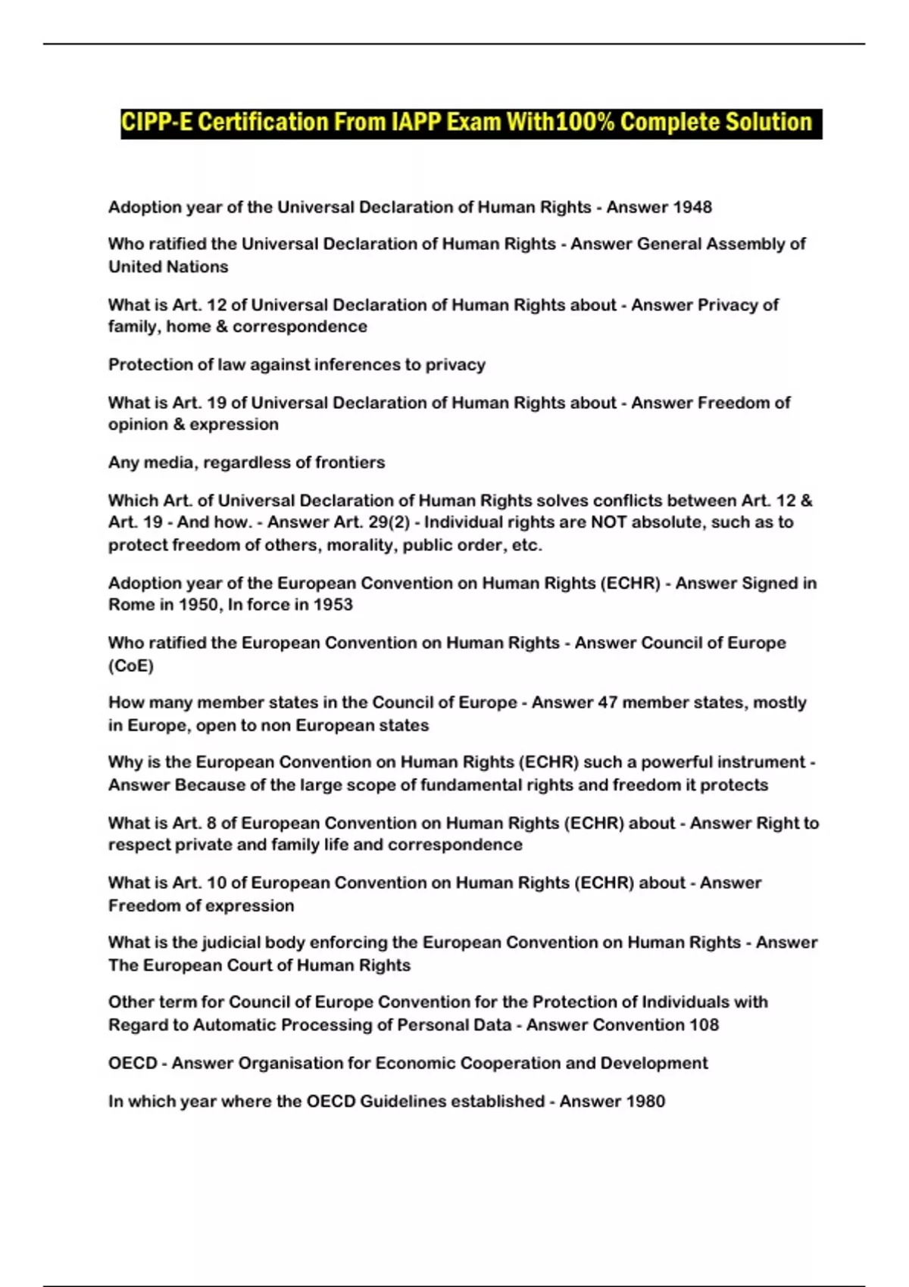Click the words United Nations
point(168,266)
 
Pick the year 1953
point(333,605)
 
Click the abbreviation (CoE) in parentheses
point(131,665)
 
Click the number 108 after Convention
point(704,1025)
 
